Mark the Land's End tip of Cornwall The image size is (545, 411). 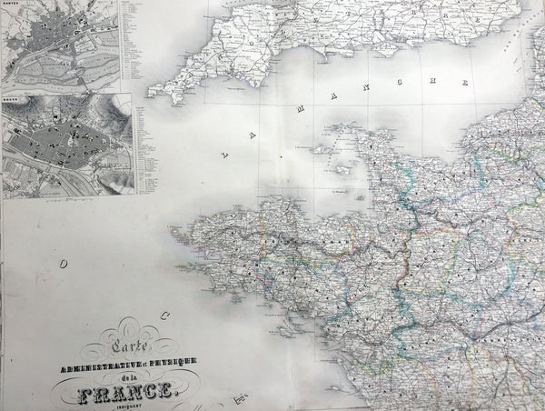tap(152, 91)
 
